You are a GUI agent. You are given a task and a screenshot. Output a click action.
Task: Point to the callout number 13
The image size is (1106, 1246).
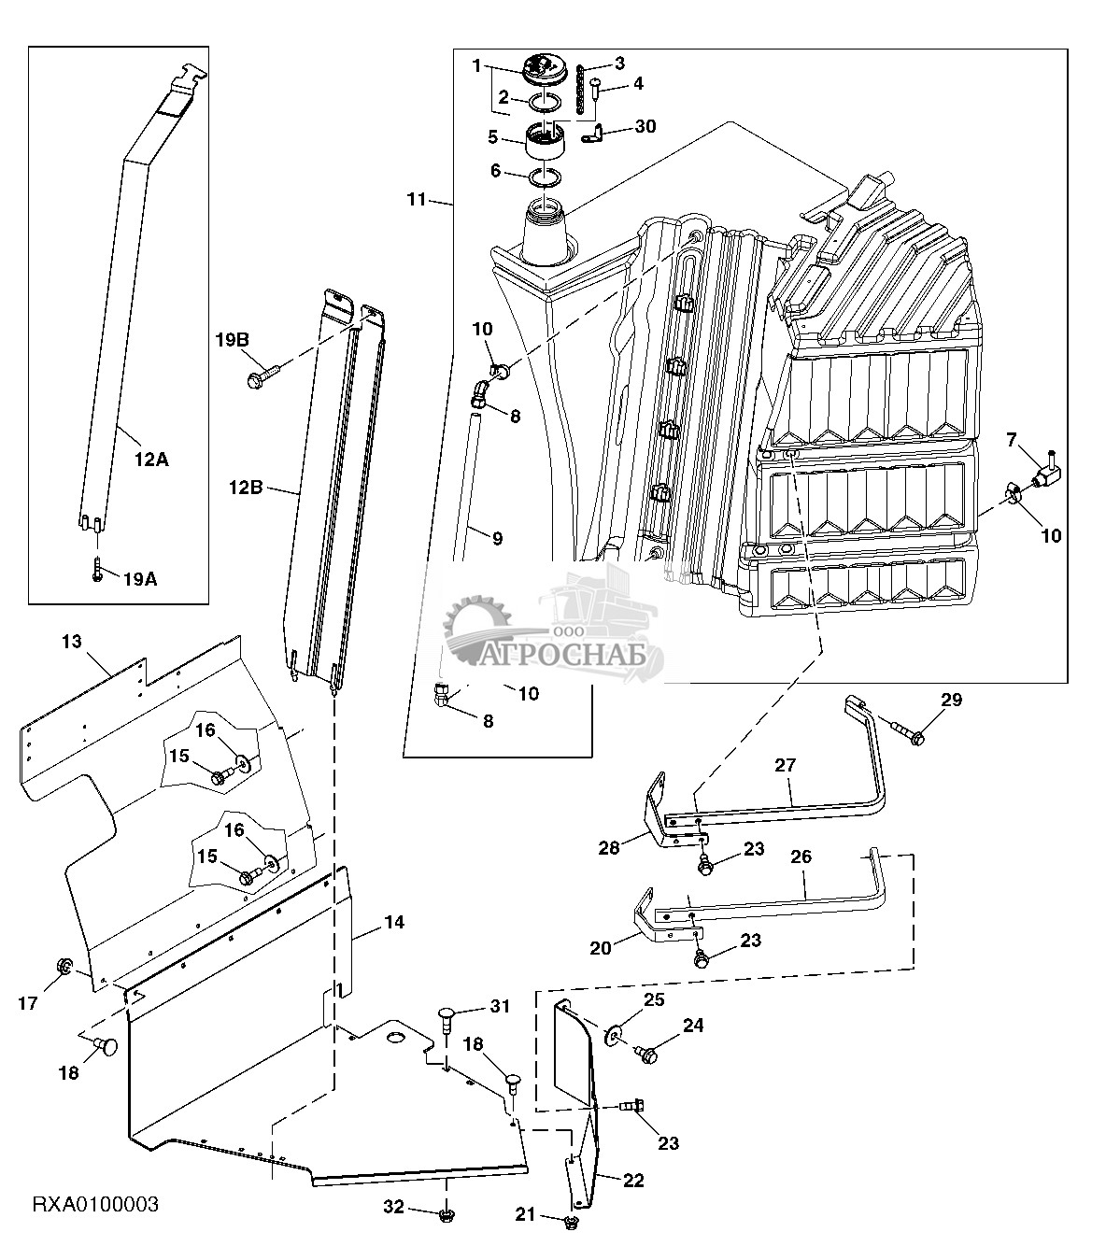[72, 642]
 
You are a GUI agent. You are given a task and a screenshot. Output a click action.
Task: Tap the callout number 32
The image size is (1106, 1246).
[394, 1208]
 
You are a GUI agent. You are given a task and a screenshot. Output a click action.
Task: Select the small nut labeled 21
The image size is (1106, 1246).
[573, 1222]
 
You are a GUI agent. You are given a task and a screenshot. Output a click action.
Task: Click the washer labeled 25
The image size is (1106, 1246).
[614, 1032]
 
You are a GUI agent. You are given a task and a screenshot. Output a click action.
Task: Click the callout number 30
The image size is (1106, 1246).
[645, 126]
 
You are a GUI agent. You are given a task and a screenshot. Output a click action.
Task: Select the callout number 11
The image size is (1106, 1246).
[416, 199]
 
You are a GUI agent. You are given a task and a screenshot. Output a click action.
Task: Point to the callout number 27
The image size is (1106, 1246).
[785, 764]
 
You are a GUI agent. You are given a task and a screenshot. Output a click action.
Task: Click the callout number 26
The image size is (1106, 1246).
[801, 857]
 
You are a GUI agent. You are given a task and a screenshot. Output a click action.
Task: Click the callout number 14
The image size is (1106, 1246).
[393, 922]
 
